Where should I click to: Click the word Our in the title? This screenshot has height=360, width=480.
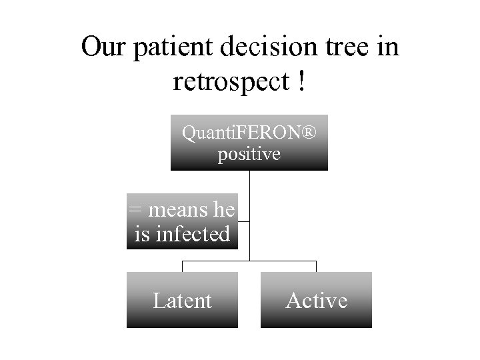[103, 47]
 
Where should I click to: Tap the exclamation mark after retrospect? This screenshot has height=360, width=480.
[303, 81]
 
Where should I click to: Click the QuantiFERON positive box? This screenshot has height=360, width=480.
[249, 143]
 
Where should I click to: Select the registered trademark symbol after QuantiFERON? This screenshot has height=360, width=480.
[310, 133]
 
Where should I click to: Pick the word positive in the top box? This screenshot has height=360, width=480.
[249, 155]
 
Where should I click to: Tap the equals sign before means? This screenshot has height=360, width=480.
[135, 210]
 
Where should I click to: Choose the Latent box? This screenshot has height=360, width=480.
[182, 300]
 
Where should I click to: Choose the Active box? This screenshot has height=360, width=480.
[316, 300]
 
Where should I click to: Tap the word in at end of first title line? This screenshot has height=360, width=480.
[387, 47]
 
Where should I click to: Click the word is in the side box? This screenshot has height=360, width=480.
[142, 234]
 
